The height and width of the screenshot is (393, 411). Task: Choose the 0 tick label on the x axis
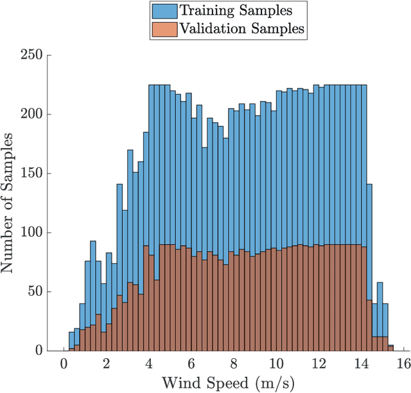tap(64, 364)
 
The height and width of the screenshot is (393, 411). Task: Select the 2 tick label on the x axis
tap(107, 364)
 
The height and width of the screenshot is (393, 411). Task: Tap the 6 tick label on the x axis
tap(191, 364)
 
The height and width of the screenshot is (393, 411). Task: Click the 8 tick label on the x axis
tap(234, 364)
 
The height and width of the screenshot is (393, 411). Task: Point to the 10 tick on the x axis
tap(276, 364)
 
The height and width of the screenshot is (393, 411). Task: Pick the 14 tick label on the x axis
tap(361, 364)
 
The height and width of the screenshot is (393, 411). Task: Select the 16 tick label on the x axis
tap(403, 364)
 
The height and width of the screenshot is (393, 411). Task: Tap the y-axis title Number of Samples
tap(11, 203)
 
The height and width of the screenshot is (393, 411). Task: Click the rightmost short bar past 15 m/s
tap(390, 348)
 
